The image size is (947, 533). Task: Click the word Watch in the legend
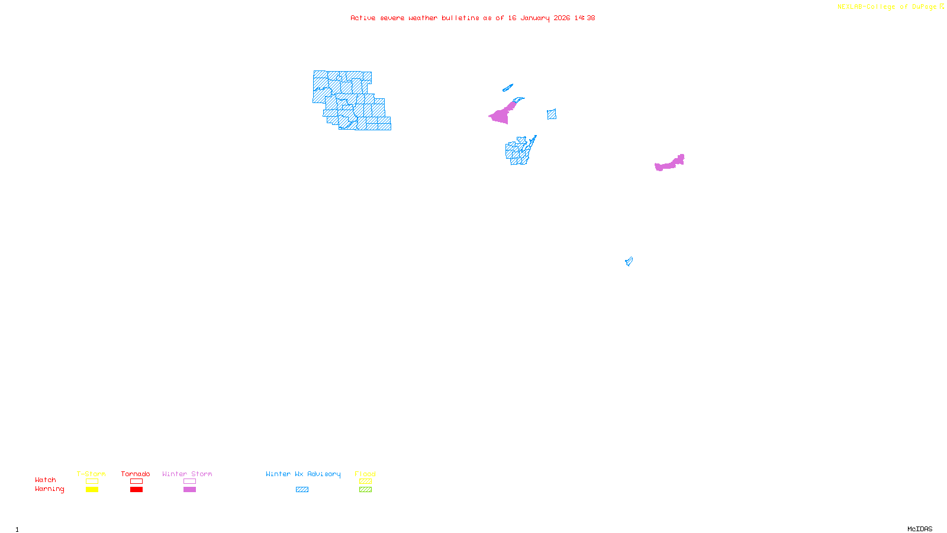(46, 480)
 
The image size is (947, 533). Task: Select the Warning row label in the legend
(49, 489)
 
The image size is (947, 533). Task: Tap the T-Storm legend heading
(91, 474)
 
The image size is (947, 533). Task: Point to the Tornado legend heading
(136, 474)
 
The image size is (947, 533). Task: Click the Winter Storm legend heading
(187, 474)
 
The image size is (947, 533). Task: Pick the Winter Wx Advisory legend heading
(303, 474)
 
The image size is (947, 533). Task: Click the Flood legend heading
(365, 474)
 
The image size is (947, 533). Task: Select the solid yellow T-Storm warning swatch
(92, 490)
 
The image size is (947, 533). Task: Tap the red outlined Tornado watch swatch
(136, 481)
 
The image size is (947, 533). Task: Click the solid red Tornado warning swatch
(136, 490)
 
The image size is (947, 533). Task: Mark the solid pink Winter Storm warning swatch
(189, 490)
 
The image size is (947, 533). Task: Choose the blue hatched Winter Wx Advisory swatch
(302, 490)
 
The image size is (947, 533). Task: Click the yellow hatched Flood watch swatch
(365, 481)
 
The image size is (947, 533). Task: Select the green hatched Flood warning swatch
(365, 490)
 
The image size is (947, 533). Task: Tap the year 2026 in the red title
(562, 18)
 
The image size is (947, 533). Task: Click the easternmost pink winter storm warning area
(670, 163)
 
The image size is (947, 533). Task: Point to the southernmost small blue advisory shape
(629, 261)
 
